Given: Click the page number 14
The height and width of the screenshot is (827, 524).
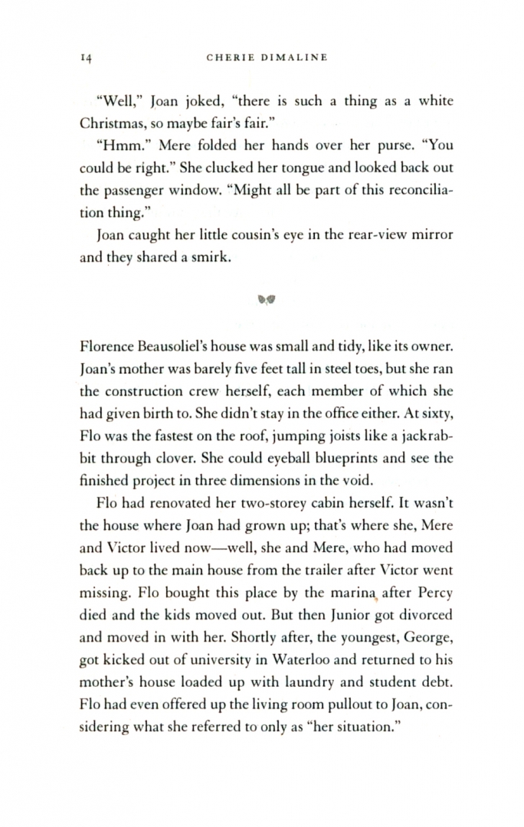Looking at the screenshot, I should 85,57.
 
